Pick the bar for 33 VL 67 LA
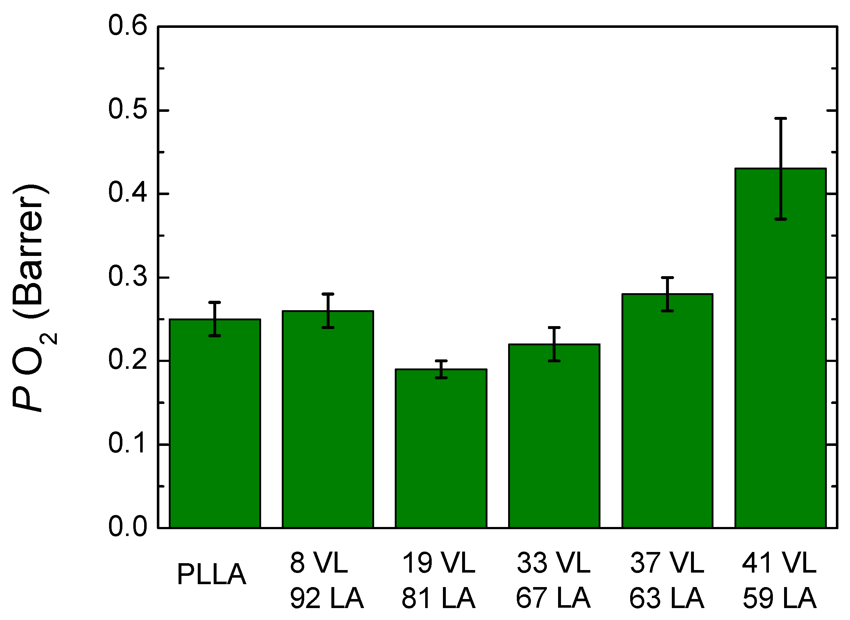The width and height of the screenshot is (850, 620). [x=554, y=436]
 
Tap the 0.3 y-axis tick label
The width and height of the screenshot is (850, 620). [x=127, y=277]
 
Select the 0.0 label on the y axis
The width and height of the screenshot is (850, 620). [x=127, y=527]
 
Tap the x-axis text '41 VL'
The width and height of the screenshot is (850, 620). [x=779, y=563]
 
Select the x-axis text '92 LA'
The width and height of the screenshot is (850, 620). [x=327, y=598]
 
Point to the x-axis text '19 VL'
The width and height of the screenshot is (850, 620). [x=439, y=563]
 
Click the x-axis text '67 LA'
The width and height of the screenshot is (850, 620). [x=553, y=598]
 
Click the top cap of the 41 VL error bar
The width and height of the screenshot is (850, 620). [x=780, y=118]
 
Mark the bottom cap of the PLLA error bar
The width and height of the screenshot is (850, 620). [x=215, y=336]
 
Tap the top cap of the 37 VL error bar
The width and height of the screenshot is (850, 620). [x=667, y=277]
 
